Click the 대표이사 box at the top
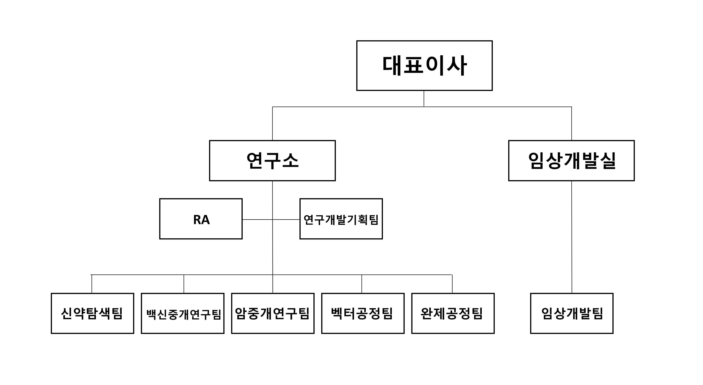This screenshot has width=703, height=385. [x=424, y=65]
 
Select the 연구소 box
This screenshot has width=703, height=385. [x=272, y=160]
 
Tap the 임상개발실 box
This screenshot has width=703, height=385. [x=572, y=160]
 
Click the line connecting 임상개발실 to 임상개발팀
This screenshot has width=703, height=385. [x=572, y=237]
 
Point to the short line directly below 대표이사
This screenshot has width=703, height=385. [x=424, y=99]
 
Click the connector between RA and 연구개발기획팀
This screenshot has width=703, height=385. [x=271, y=219]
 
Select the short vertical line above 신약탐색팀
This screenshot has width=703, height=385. [x=92, y=284]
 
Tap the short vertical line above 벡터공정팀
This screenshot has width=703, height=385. [x=362, y=284]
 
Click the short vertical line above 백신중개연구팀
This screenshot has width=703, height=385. [x=184, y=284]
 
